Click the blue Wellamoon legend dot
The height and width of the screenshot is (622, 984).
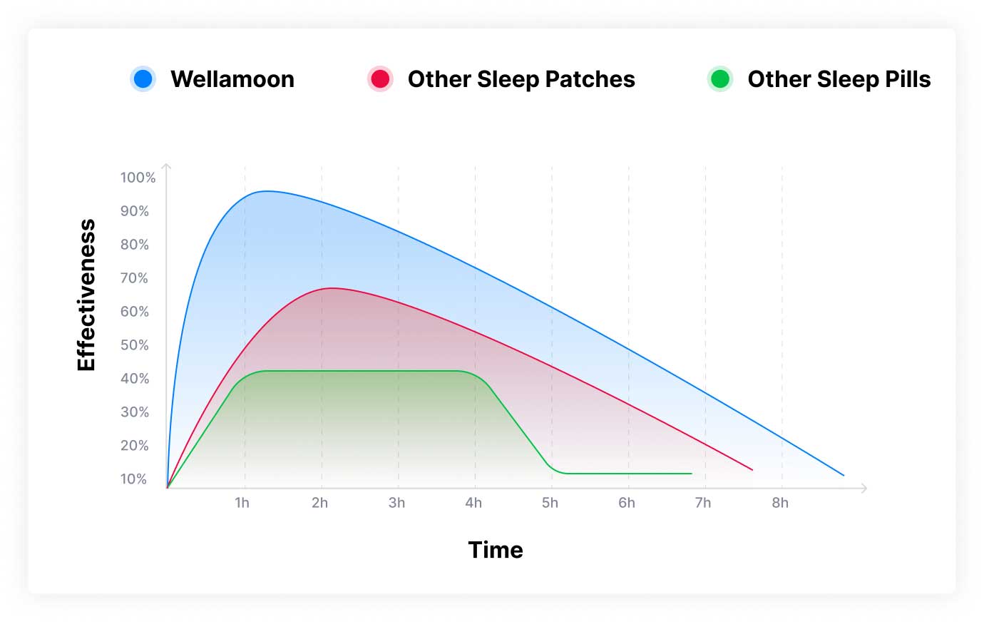pos(143,78)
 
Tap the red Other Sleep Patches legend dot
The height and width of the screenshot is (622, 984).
pos(380,78)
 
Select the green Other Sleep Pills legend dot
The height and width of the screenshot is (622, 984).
pos(720,78)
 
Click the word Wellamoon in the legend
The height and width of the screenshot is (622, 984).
pos(232,79)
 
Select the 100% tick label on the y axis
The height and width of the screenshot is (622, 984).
pos(138,178)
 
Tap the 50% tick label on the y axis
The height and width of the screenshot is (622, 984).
pos(135,345)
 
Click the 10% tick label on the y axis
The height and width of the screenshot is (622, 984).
pos(134,479)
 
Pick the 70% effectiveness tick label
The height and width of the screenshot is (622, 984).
pos(135,278)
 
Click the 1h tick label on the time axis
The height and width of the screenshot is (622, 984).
pos(242,503)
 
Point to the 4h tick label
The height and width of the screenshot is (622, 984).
pos(473,503)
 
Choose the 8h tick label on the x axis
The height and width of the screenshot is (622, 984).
pos(780,503)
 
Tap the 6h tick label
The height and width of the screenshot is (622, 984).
pos(627,503)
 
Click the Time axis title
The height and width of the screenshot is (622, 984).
pos(496,550)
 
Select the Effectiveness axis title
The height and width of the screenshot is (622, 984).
pos(86,295)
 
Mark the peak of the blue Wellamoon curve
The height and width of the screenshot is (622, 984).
pos(266,191)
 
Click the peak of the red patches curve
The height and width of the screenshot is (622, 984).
pos(332,288)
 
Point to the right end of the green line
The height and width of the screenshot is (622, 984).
pos(691,474)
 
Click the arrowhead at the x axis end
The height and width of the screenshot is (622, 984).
pos(865,489)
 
